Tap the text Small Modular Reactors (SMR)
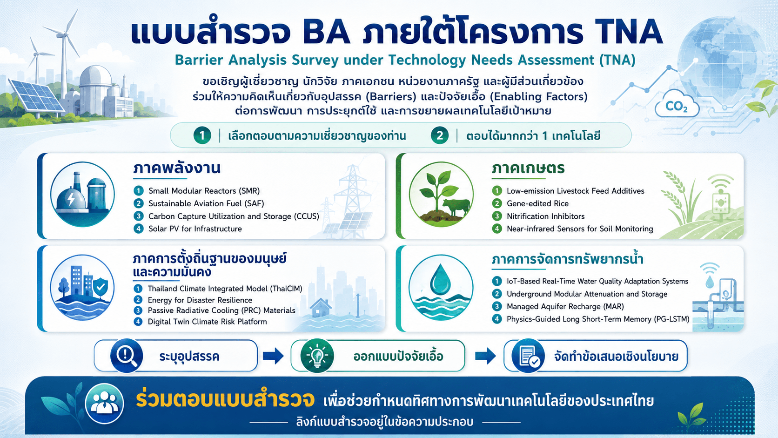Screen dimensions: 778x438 [204, 191]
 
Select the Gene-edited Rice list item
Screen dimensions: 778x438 [537, 203]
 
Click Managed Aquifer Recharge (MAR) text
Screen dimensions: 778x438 [565, 306]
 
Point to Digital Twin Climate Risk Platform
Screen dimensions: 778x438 [208, 322]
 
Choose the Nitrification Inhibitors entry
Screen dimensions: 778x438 [546, 216]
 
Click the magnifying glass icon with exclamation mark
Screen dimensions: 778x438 [127, 356]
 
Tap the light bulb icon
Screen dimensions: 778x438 [317, 356]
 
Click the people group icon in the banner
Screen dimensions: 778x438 [104, 404]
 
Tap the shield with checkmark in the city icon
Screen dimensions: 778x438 [101, 287]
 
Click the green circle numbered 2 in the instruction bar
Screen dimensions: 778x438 [440, 135]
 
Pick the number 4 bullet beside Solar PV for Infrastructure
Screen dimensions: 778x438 [139, 229]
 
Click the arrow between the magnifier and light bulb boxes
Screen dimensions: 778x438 [273, 356]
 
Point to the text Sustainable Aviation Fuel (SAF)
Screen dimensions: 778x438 [206, 203]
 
